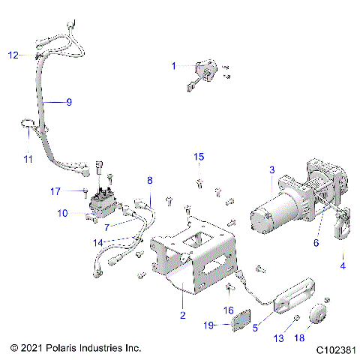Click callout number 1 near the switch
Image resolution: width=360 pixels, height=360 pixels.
point(173,66)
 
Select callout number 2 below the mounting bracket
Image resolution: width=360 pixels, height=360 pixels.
point(181,316)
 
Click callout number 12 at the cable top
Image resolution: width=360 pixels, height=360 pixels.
point(13,55)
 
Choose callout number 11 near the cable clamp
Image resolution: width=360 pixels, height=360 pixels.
point(27,160)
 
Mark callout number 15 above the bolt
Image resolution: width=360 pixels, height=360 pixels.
point(199,156)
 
